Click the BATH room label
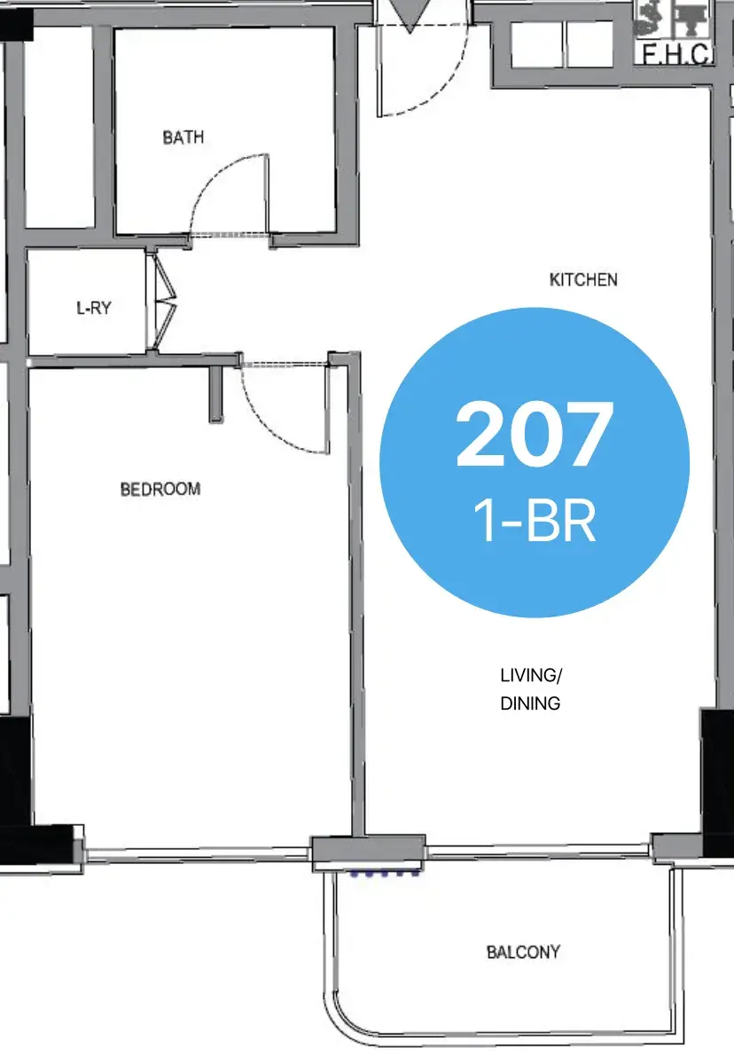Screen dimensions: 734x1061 (x=183, y=138)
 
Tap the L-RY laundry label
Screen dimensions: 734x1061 (x=94, y=308)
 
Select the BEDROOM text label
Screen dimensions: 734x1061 (x=160, y=489)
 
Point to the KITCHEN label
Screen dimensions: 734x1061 (x=583, y=279)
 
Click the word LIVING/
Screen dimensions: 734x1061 (x=531, y=675)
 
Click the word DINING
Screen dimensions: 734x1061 (x=530, y=703)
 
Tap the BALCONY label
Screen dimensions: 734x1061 (x=523, y=952)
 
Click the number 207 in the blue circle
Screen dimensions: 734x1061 (x=535, y=434)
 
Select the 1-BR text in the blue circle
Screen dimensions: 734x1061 (x=535, y=521)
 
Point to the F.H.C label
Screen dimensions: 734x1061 (x=675, y=53)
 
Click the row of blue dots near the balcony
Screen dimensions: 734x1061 (x=384, y=874)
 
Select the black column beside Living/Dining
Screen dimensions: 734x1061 (x=717, y=782)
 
